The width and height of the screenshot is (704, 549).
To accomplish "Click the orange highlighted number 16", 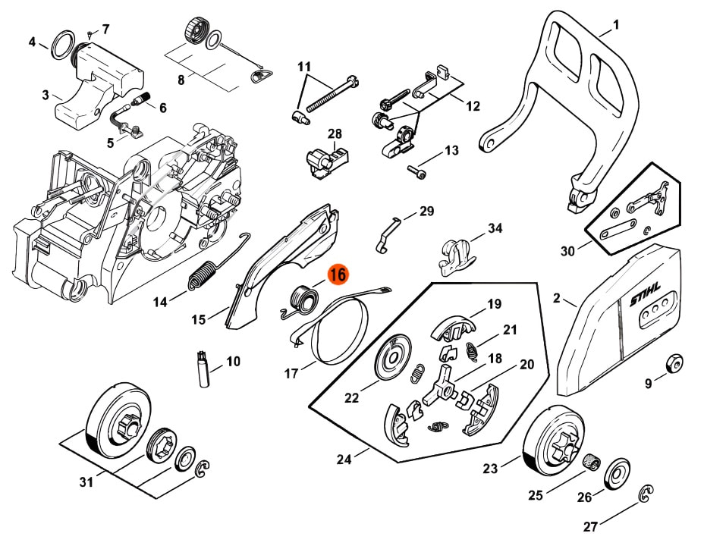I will coord(338,274).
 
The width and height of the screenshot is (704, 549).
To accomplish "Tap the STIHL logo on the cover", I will coord(646,299).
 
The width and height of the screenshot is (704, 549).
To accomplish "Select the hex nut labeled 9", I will coord(672,363).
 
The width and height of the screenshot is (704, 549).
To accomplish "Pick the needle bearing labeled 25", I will coord(592,460).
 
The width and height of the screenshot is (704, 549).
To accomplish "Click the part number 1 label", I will coord(616,24).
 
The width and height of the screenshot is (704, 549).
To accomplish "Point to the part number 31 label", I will coord(86,482).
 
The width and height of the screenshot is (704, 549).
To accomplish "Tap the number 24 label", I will coord(344,458).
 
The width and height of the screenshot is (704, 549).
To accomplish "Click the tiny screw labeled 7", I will coord(90,34).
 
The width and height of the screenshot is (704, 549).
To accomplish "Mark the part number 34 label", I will coord(495,227).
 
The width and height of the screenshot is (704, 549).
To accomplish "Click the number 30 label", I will coord(567,250).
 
